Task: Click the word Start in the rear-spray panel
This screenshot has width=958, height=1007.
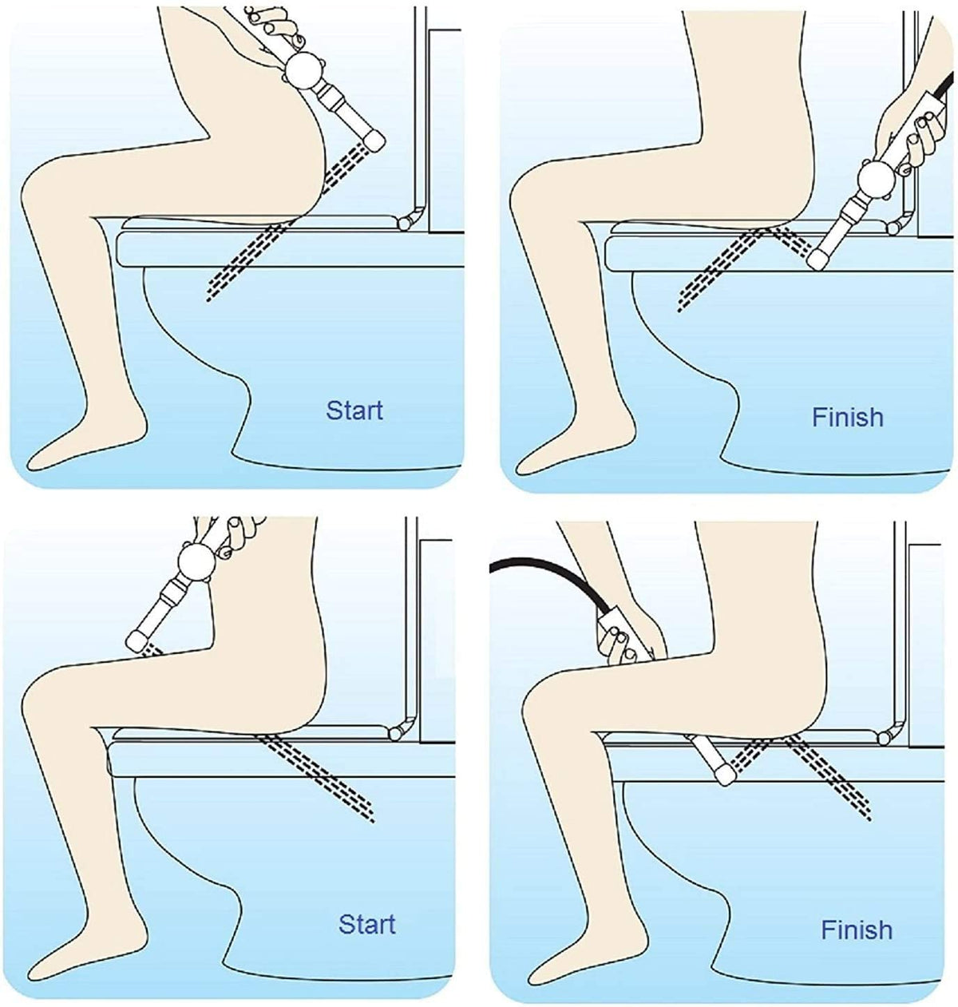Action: point(354,410)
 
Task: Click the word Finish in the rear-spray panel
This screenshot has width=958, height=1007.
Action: point(847,417)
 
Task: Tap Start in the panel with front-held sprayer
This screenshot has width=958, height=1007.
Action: point(366,924)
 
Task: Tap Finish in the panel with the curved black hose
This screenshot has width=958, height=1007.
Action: point(857,930)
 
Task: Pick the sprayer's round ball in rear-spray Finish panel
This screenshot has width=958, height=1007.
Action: point(874,179)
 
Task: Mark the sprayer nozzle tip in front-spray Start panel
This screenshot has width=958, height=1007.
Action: point(137,640)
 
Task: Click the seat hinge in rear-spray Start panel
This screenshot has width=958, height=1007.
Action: point(407,223)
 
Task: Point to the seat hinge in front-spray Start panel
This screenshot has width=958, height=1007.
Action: point(394,733)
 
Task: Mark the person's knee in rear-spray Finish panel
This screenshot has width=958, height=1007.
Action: point(528,195)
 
